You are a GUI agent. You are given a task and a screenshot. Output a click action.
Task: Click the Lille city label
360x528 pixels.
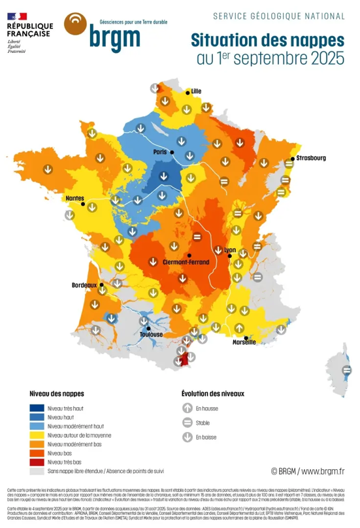tap(197, 91)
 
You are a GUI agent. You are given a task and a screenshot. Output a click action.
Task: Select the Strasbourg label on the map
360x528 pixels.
tap(311, 158)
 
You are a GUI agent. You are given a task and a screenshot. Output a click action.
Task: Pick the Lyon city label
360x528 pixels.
tap(229, 250)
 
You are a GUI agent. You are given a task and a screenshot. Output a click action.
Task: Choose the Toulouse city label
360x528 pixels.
tap(152, 335)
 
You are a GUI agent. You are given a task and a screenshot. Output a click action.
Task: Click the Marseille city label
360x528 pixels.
tap(244, 342)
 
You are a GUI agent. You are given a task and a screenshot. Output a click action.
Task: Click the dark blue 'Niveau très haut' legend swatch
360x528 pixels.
tap(37, 408)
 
